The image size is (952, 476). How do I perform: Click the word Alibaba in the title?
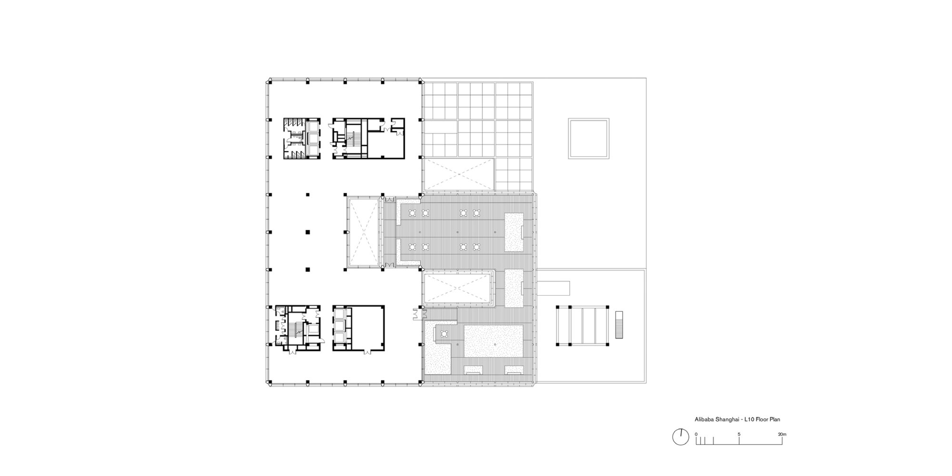(x=703, y=419)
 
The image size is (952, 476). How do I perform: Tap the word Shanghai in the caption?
(x=724, y=419)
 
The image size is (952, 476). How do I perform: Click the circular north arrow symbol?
(x=681, y=437)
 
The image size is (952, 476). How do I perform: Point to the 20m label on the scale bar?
(x=783, y=434)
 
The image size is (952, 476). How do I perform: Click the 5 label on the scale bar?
(x=739, y=434)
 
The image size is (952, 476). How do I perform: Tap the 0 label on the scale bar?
(x=696, y=434)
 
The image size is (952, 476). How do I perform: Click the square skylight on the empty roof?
(x=588, y=139)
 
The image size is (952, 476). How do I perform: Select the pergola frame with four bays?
(x=583, y=326)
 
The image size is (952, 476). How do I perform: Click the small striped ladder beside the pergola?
(x=619, y=325)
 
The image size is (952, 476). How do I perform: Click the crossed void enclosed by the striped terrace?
(x=458, y=288)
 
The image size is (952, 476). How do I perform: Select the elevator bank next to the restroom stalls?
(x=313, y=138)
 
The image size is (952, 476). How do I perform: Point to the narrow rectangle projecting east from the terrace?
(x=554, y=288)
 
